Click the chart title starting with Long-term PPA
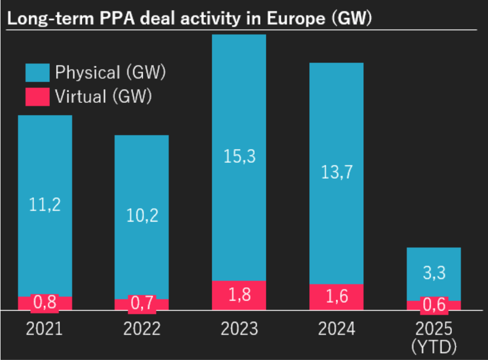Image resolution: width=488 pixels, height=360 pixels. (188, 19)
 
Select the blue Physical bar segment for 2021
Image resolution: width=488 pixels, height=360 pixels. (45, 159)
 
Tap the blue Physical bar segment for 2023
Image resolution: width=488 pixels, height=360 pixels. (239, 106)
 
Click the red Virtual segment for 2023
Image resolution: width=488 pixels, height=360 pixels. (239, 295)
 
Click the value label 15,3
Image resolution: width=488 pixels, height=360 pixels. (239, 157)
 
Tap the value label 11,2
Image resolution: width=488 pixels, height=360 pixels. (45, 205)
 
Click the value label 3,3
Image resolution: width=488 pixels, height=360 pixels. (434, 274)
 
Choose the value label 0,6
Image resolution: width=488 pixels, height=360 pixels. (434, 306)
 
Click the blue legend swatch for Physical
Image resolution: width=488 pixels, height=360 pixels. (37, 73)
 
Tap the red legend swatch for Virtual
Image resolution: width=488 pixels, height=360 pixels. (37, 96)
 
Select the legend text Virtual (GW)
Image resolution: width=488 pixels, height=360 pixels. (103, 96)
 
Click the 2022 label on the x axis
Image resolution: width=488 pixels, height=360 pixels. (142, 329)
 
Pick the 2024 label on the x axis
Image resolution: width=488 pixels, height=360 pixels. (336, 329)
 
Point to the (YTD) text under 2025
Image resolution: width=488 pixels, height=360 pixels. (434, 347)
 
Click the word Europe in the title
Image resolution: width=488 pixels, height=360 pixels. (294, 19)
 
